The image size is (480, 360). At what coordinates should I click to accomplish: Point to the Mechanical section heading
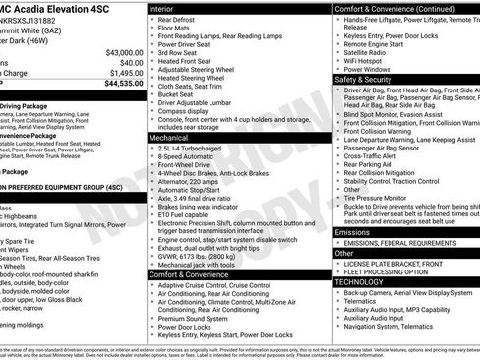pos(171,139)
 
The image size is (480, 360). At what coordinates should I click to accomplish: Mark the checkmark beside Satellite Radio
pos(338,49)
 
